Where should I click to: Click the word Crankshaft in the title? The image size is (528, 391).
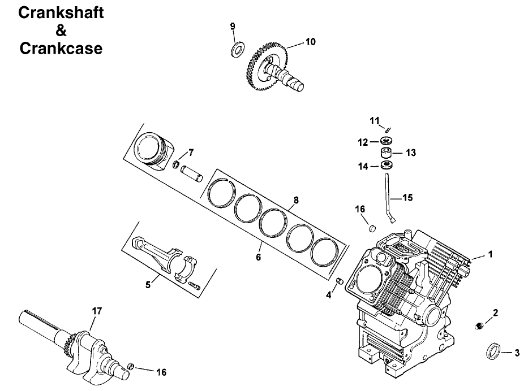tap(61, 13)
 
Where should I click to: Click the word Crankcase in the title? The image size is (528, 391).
tap(61, 49)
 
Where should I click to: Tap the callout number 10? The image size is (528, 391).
tap(311, 41)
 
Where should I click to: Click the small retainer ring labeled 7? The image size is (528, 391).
tap(177, 165)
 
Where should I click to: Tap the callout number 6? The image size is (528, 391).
tap(259, 257)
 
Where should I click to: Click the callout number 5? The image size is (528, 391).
tap(148, 285)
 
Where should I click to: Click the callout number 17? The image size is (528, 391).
tap(96, 310)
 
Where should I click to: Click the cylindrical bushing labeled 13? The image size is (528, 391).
tap(387, 153)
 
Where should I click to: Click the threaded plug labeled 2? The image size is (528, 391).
tap(478, 325)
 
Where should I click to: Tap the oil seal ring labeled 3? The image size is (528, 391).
tap(493, 350)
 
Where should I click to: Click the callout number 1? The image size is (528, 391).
tap(490, 255)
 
